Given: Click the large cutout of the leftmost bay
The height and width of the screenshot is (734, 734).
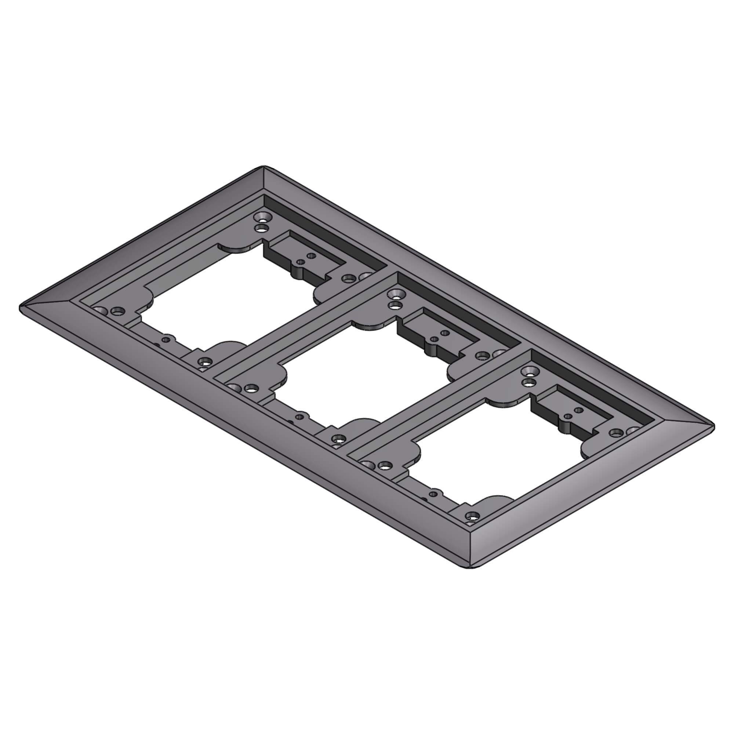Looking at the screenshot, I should (x=228, y=296).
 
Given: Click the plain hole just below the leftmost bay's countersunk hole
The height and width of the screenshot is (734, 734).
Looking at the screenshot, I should (x=261, y=228).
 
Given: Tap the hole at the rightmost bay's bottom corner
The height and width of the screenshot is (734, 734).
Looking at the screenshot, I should (x=472, y=516).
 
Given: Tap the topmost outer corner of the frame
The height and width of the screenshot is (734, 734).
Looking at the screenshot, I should (x=264, y=167).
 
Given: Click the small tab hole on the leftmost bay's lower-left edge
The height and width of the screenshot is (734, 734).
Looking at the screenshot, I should (x=166, y=339).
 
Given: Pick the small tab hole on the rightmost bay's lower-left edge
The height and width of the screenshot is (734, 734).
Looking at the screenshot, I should (x=433, y=494).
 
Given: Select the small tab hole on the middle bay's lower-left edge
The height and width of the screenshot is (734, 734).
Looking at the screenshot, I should (x=300, y=417).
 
